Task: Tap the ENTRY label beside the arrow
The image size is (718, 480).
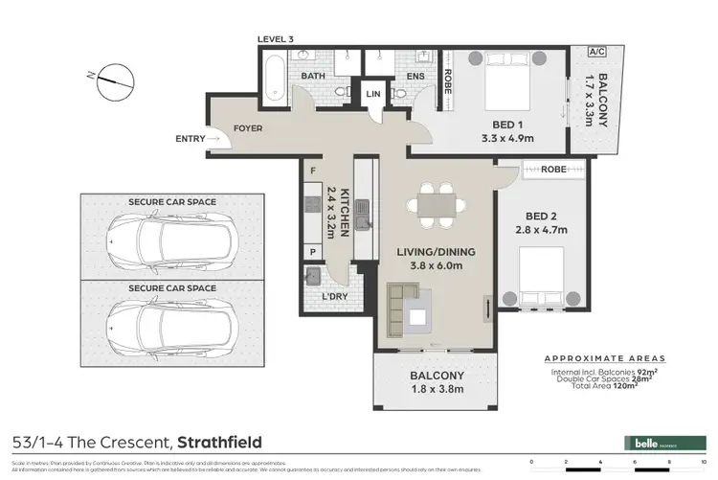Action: click(x=190, y=139)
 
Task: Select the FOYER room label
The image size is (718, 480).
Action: click(x=248, y=127)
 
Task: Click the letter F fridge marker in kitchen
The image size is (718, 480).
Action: click(x=313, y=171)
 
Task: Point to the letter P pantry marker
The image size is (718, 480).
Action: click(x=313, y=252)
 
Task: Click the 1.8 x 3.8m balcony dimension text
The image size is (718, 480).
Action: click(x=438, y=390)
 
